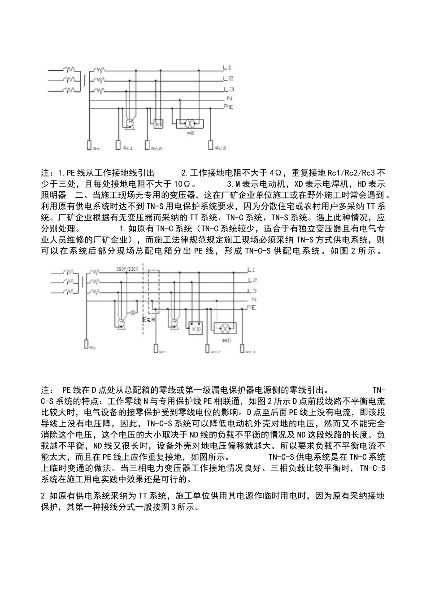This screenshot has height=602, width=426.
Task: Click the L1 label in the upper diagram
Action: click(227, 68)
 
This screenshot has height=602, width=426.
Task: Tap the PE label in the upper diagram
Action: click(229, 107)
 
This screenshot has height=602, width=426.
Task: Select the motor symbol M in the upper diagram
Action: click(130, 122)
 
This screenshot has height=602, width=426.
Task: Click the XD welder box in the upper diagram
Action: click(159, 124)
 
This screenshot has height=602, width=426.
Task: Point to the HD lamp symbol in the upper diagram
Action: click(190, 123)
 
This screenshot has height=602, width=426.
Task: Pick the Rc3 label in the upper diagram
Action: click(221, 148)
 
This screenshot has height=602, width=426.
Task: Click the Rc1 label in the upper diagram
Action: click(128, 148)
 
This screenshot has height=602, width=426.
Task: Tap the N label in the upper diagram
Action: click(230, 98)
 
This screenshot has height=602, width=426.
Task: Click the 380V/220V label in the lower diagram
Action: click(128, 270)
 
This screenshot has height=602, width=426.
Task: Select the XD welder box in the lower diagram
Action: click(195, 329)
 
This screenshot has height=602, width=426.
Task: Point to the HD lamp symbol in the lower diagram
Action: click(227, 329)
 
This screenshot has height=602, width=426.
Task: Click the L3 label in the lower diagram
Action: click(252, 291)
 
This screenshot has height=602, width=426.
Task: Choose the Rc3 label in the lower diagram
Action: click(250, 352)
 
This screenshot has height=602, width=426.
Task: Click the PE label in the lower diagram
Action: click(252, 308)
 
